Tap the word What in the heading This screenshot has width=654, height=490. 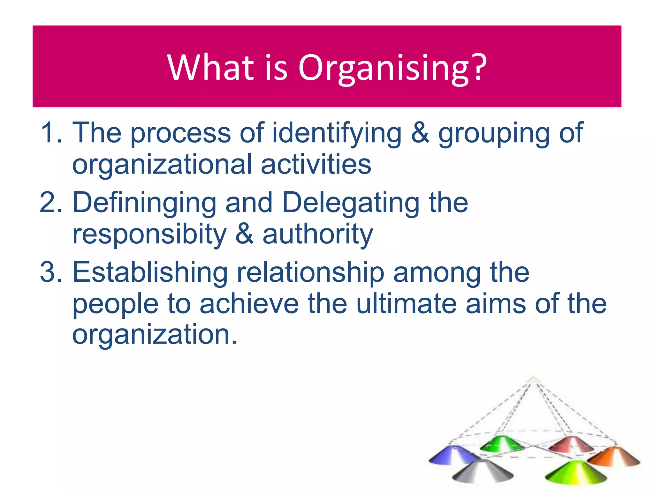tap(211, 68)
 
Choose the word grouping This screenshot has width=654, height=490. tap(494, 134)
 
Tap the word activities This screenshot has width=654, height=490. tap(316, 164)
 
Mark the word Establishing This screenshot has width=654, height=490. tap(150, 272)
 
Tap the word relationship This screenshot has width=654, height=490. tap(310, 273)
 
